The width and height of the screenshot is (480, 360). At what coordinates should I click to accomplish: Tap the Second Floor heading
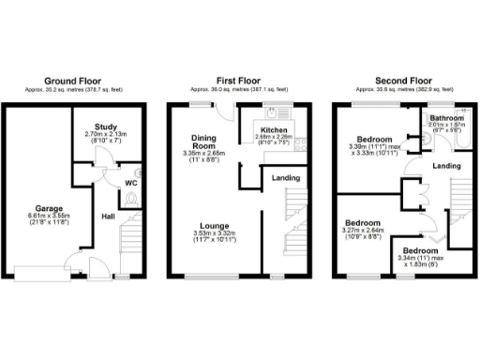click(x=403, y=81)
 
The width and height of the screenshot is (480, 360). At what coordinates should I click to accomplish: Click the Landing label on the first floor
click(x=286, y=177)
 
